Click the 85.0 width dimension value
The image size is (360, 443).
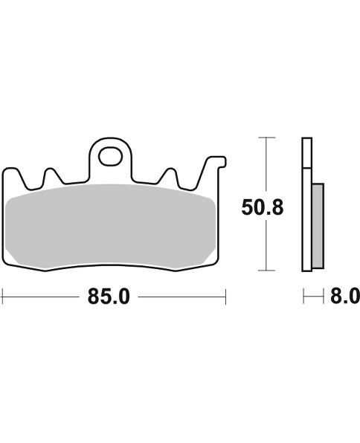pos(109,297)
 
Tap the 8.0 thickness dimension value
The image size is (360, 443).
pos(343,297)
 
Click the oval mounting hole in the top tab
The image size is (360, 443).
pos(112,157)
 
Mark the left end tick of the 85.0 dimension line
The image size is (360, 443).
pos(2,297)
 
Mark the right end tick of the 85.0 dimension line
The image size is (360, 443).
pos(225,297)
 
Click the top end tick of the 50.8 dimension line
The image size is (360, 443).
pos(266,138)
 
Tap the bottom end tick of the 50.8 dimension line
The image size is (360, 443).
pos(266,271)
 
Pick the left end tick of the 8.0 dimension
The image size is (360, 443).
pos(303,297)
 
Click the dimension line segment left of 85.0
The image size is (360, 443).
pos(41,297)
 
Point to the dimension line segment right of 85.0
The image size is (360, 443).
pos(182,297)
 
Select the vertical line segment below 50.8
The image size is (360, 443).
pos(266,245)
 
